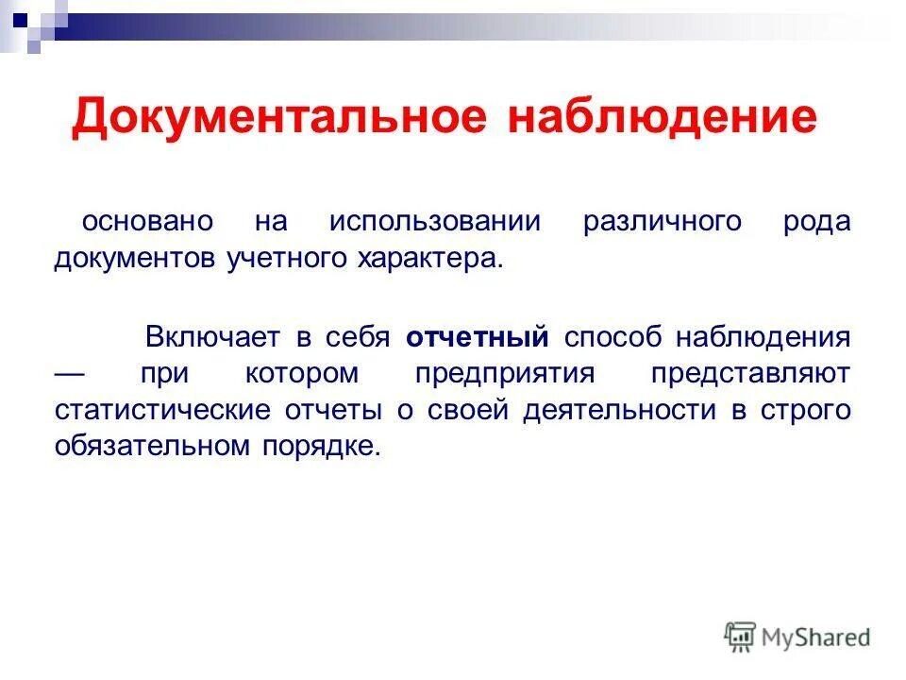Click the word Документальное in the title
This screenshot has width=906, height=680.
(x=279, y=118)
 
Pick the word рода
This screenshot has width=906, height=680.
(x=816, y=222)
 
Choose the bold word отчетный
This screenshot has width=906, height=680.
(x=478, y=337)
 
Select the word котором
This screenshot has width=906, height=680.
(x=302, y=373)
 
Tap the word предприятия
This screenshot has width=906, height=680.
(x=505, y=373)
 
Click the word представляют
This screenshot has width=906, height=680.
(x=750, y=373)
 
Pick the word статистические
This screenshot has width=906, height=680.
(x=151, y=410)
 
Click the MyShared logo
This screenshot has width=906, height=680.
(x=797, y=637)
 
